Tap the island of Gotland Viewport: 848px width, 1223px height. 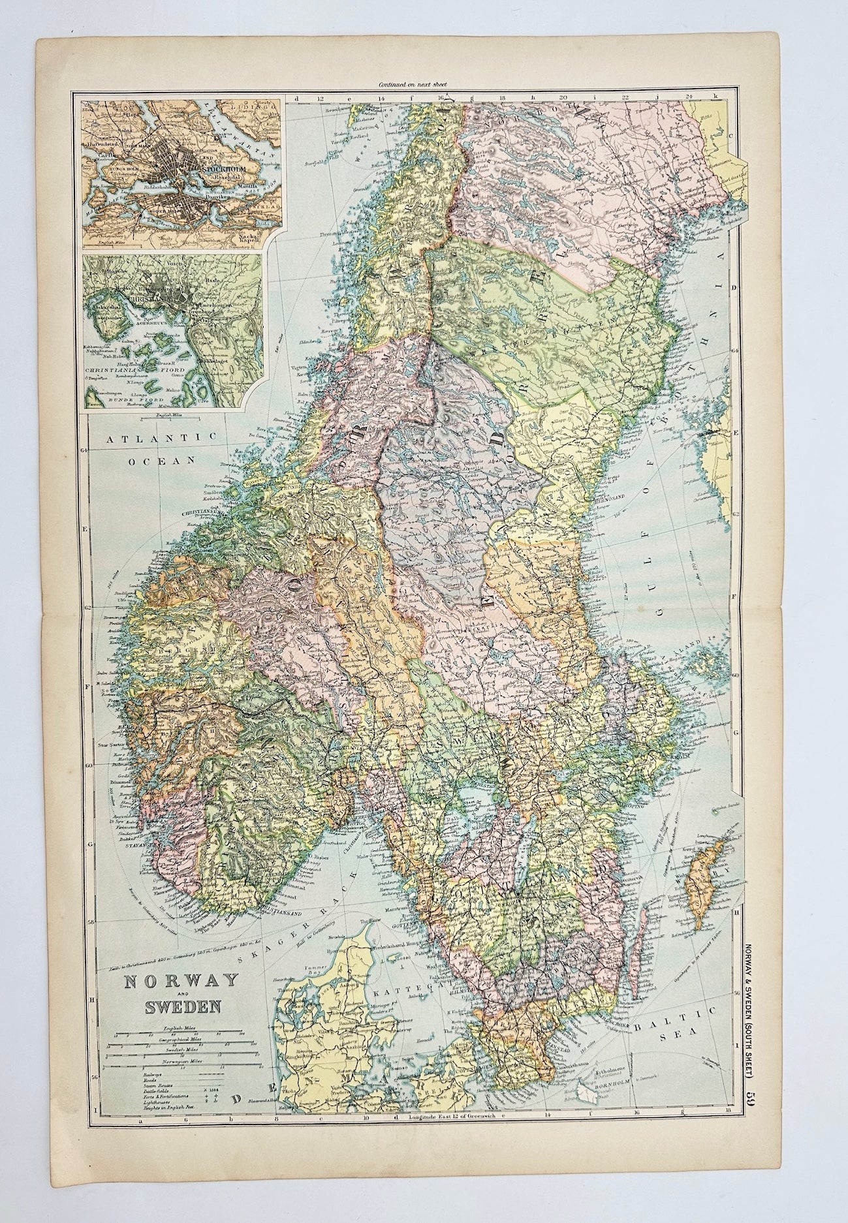[x=704, y=868]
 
